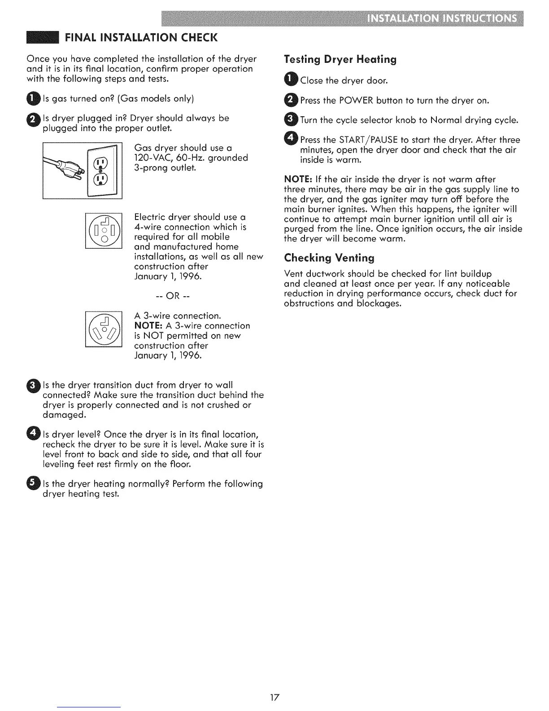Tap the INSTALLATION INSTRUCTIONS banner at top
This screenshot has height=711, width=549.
(441, 19)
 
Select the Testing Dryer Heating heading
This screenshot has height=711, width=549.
(340, 60)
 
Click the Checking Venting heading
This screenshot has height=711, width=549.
(329, 258)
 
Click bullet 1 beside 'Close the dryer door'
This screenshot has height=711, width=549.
(291, 80)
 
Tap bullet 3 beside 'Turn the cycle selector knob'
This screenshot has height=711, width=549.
(291, 119)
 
